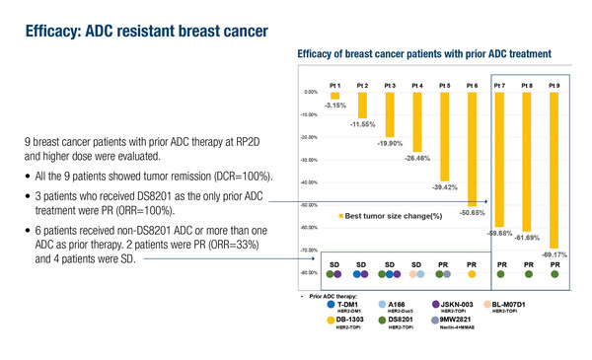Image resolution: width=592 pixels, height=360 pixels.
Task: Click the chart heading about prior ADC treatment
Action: (x=430, y=53)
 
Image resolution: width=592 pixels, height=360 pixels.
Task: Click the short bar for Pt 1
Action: (x=334, y=95)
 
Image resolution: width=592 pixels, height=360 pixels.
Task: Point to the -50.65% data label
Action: (x=473, y=213)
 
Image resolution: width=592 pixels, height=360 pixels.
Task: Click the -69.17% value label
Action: (x=554, y=254)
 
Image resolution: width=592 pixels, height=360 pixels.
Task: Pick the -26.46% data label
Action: (x=416, y=159)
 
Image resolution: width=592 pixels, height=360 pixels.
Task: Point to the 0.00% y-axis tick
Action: (x=310, y=93)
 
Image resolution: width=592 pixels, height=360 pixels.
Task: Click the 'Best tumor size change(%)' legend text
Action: (x=392, y=214)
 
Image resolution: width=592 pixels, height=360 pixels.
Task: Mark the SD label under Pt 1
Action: (x=334, y=265)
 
